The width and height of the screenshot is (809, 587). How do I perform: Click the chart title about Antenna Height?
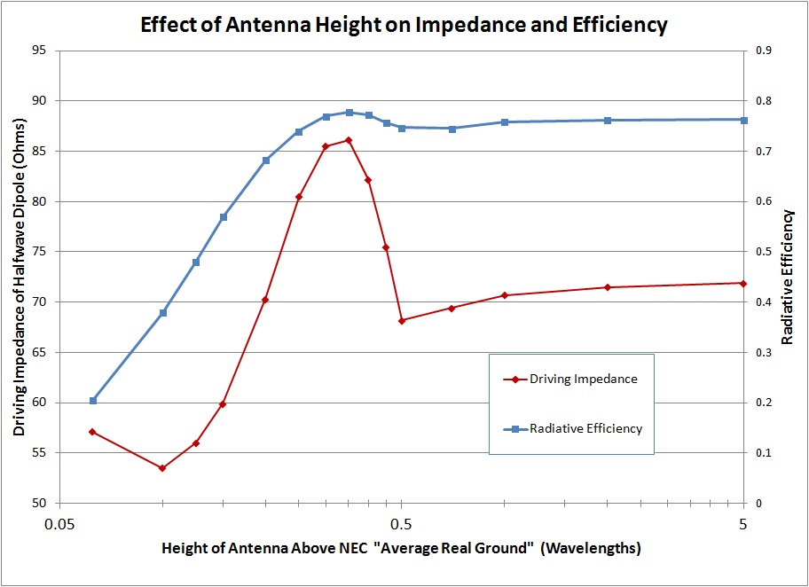pyautogui.click(x=404, y=25)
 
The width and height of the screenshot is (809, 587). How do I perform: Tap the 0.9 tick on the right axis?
pyautogui.click(x=761, y=50)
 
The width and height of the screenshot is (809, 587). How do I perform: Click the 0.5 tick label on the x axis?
pyautogui.click(x=402, y=523)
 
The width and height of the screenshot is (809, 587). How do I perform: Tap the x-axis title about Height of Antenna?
pyautogui.click(x=401, y=548)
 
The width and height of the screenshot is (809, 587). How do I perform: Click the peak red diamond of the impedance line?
pyautogui.click(x=349, y=140)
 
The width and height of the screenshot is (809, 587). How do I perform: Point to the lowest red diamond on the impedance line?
pyautogui.click(x=162, y=468)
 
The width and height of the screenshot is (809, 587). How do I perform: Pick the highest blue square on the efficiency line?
pyautogui.click(x=349, y=113)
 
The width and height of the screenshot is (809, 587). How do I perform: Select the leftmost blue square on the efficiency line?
pyautogui.click(x=93, y=401)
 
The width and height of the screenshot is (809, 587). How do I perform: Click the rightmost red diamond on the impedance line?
pyautogui.click(x=743, y=283)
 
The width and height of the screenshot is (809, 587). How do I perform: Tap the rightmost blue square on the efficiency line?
pyautogui.click(x=743, y=120)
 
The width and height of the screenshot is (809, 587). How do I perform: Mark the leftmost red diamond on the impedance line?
pyautogui.click(x=92, y=432)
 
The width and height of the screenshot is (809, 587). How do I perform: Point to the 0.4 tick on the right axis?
pyautogui.click(x=761, y=302)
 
